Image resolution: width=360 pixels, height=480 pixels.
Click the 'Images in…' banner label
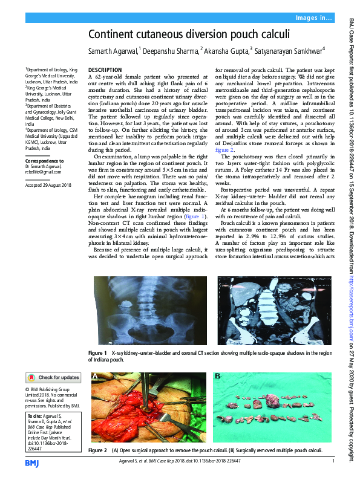pos(313,19)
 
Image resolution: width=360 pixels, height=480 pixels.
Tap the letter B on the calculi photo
pos(218,377)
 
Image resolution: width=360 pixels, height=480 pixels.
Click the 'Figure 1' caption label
pos(97,352)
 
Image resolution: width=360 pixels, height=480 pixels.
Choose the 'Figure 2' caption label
pos(97,451)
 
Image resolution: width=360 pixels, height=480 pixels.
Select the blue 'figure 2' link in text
pos(224,149)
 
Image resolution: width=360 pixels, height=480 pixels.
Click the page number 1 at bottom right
pos(333,461)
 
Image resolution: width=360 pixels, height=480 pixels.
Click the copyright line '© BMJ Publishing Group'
pos(51,390)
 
